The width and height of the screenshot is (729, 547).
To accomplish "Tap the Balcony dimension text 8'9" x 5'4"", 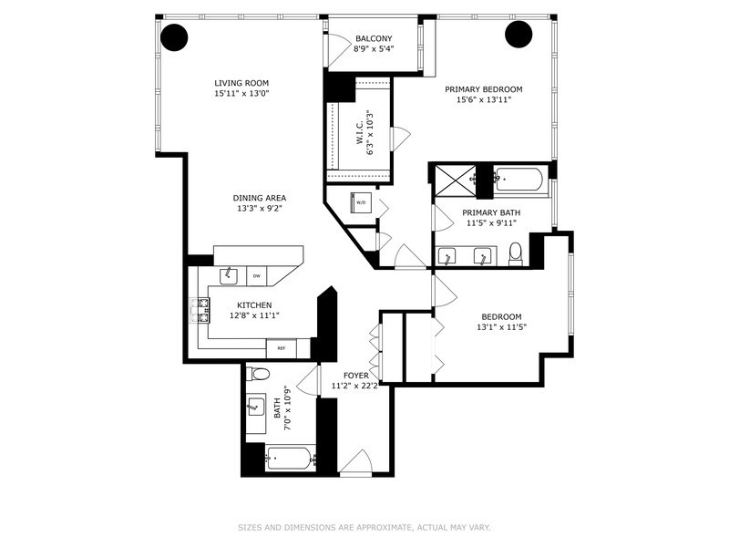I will [x=374, y=49].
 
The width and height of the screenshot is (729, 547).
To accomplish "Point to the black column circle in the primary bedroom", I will [x=519, y=35].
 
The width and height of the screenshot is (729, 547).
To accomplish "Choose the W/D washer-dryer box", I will [x=361, y=202].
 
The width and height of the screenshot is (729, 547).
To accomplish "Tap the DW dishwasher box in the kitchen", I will [x=257, y=275].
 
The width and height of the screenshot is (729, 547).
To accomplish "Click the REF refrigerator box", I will [x=281, y=348].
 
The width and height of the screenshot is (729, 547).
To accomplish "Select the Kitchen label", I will [x=254, y=304].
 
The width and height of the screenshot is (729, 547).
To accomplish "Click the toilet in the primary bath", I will [x=516, y=252].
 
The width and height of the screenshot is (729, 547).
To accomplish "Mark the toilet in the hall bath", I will [x=260, y=374].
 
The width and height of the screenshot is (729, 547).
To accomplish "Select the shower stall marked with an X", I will [x=452, y=180].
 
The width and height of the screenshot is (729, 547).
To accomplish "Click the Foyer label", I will [x=355, y=375].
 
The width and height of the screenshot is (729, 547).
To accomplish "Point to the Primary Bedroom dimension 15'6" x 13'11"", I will [x=484, y=100].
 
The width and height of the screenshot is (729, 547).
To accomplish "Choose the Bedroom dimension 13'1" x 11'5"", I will [x=502, y=326].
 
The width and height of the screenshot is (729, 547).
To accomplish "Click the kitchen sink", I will [x=229, y=275].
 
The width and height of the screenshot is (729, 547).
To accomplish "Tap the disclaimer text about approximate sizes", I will [x=364, y=526].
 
